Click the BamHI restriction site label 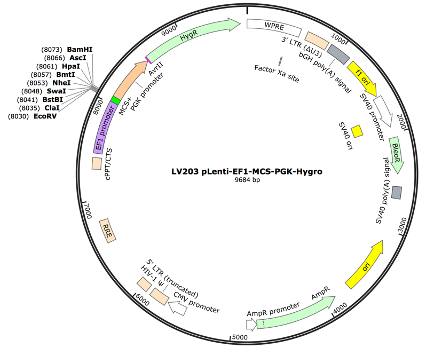pos(78,49)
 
